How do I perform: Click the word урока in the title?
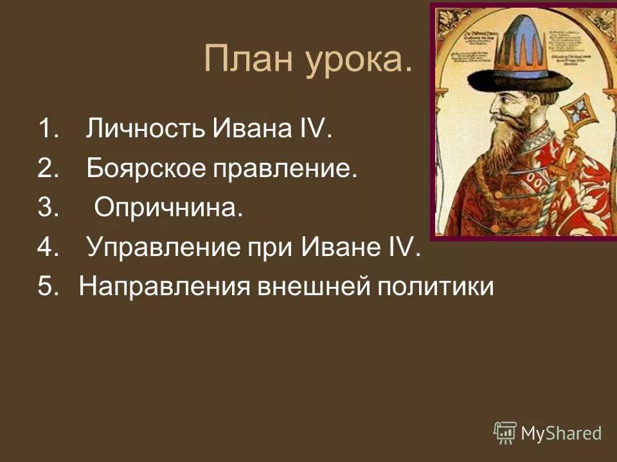click(356, 60)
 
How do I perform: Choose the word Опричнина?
click(169, 209)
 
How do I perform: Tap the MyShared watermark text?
click(560, 433)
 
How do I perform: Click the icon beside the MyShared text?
click(505, 433)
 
